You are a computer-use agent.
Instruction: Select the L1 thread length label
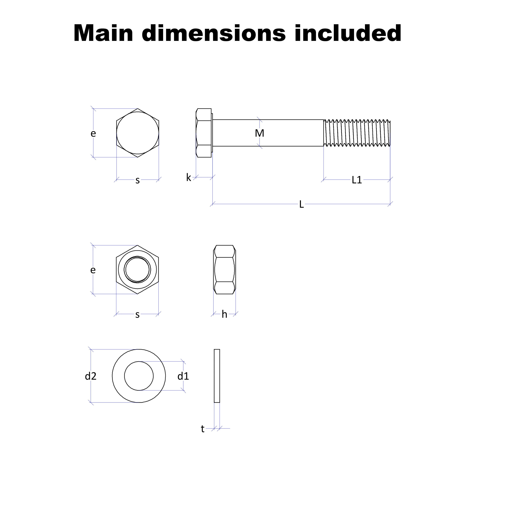[357, 180]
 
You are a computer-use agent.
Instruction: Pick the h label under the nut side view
[224, 314]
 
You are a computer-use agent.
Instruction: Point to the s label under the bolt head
[138, 180]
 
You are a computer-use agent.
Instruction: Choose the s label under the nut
[138, 315]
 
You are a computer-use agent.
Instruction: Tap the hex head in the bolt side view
[204, 133]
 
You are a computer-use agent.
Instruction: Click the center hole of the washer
[139, 376]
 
